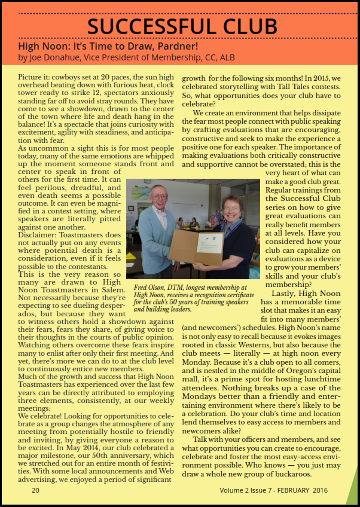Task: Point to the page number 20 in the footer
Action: point(35,489)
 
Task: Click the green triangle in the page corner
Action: point(353,493)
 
